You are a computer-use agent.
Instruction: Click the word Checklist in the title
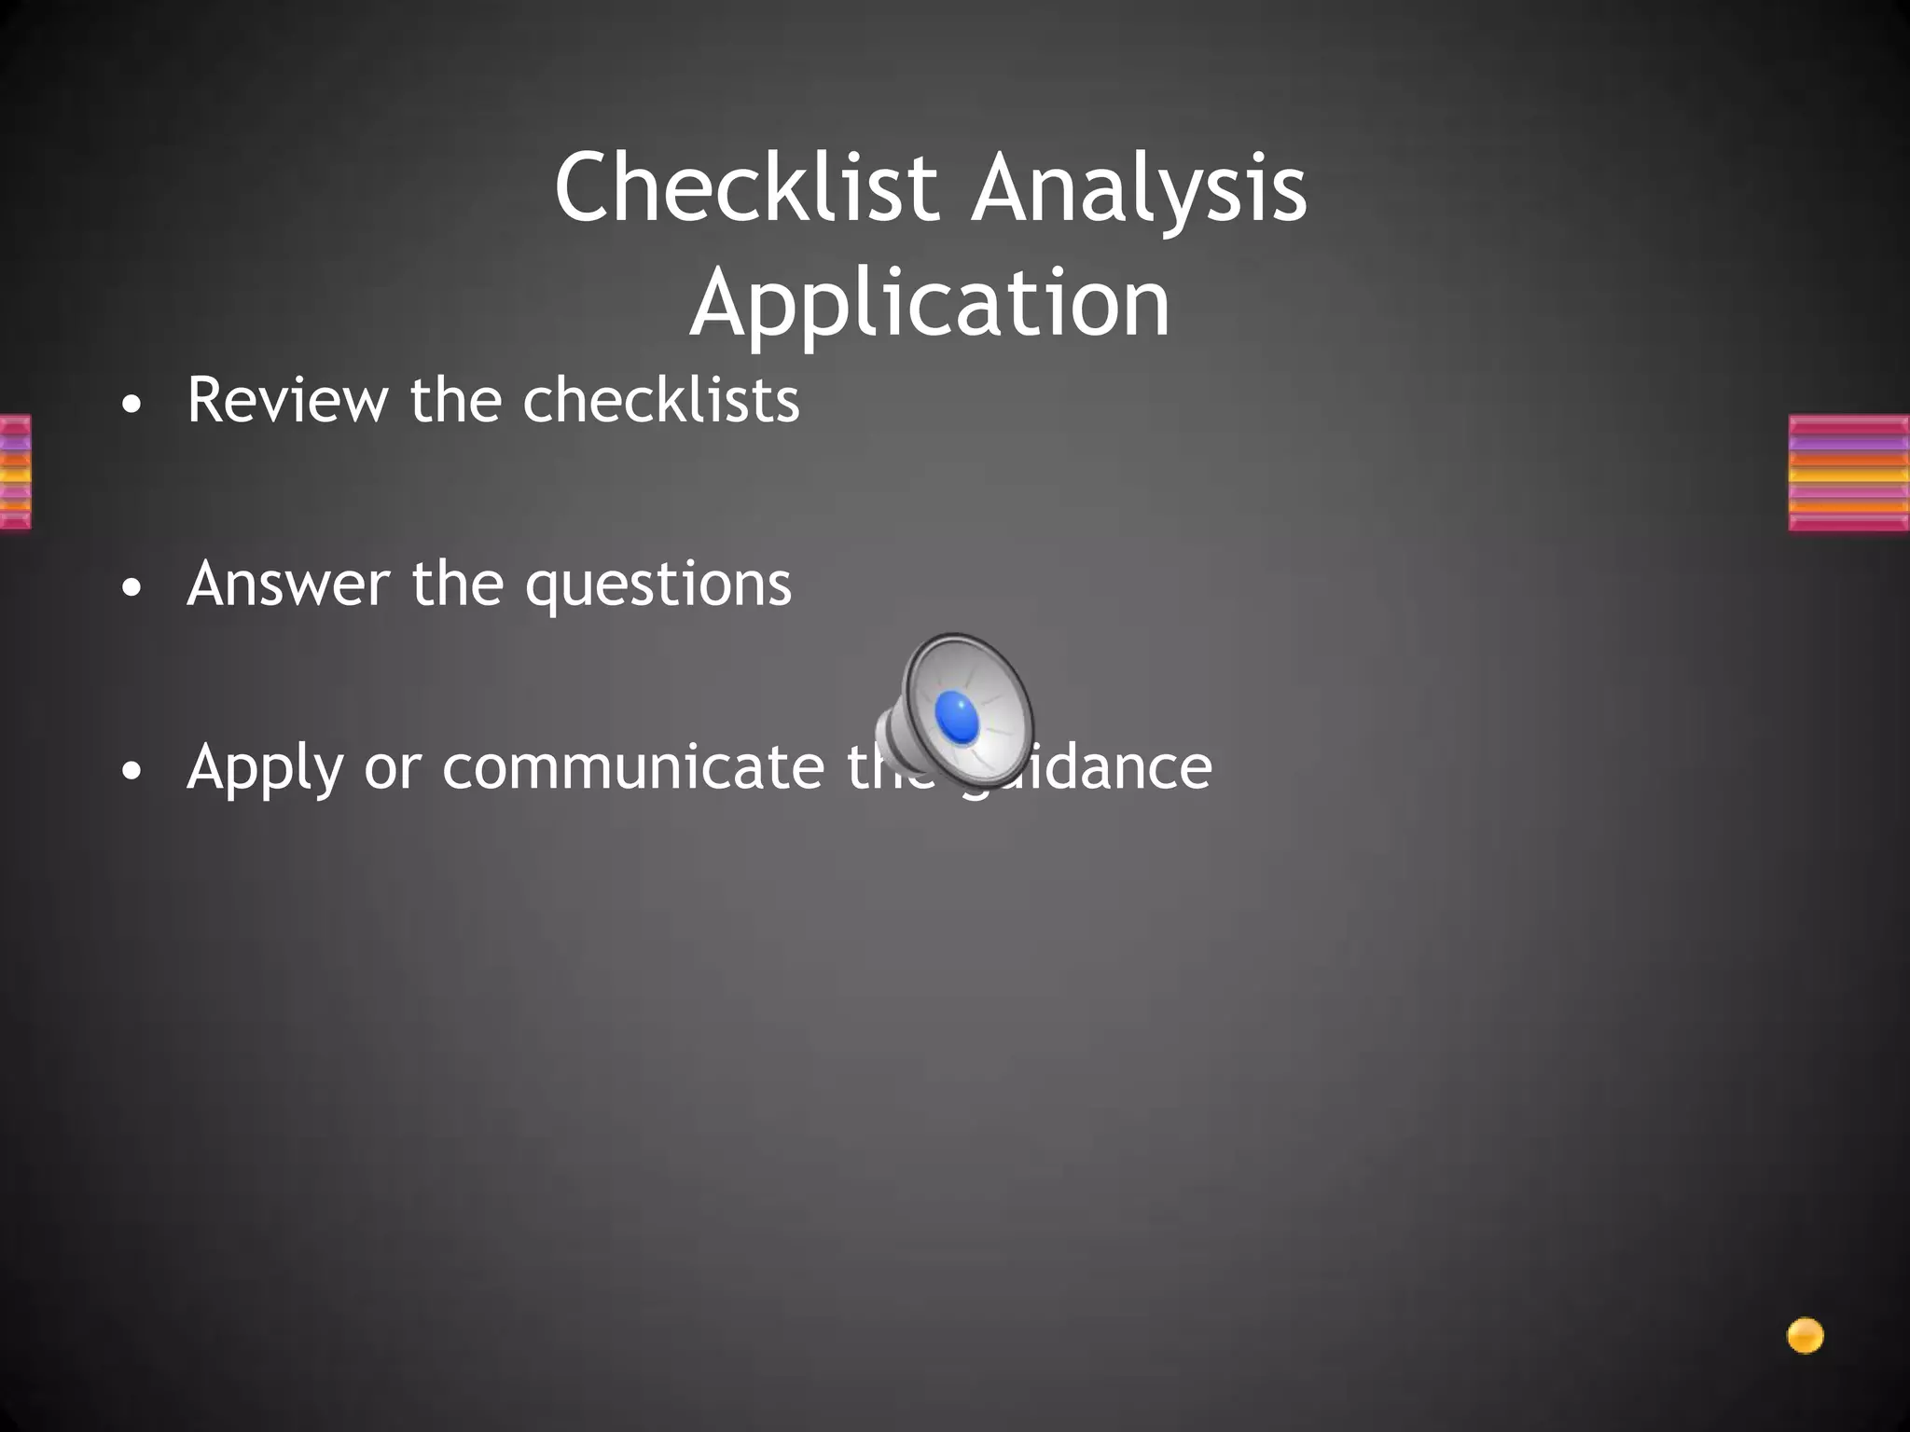point(746,188)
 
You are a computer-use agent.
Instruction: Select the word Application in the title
point(930,303)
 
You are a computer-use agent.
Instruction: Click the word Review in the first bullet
point(287,400)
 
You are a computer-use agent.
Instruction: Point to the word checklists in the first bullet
point(660,400)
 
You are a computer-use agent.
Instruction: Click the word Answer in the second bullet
point(288,584)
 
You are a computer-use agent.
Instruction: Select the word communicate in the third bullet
point(633,767)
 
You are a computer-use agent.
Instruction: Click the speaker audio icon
point(956,709)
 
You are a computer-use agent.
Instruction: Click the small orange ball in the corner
point(1805,1336)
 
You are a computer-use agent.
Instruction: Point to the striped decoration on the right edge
point(1848,473)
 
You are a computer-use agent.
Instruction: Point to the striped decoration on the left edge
point(15,473)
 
